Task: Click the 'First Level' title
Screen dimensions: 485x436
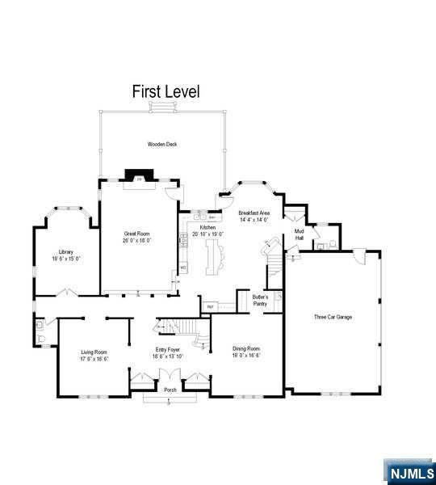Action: click(166, 92)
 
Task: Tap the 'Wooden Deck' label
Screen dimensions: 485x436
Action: click(161, 145)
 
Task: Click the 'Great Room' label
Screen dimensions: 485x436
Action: click(136, 234)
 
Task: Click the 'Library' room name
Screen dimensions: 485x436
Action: click(65, 252)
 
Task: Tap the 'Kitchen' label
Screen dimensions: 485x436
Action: click(208, 228)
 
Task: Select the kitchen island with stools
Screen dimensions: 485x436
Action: click(216, 258)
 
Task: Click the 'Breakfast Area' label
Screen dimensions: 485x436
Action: click(254, 213)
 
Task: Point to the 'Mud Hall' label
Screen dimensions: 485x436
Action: click(299, 234)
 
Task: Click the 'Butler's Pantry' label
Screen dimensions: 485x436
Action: click(260, 301)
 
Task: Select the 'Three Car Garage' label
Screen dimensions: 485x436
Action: click(333, 317)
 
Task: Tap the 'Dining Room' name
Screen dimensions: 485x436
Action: click(247, 348)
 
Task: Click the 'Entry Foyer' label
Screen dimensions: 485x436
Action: click(168, 350)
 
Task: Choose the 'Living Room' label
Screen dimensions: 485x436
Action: click(94, 352)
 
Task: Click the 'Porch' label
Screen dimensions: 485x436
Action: click(170, 390)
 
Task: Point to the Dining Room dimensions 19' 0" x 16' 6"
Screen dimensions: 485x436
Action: click(247, 356)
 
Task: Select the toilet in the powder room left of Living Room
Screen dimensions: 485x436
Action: click(40, 327)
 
